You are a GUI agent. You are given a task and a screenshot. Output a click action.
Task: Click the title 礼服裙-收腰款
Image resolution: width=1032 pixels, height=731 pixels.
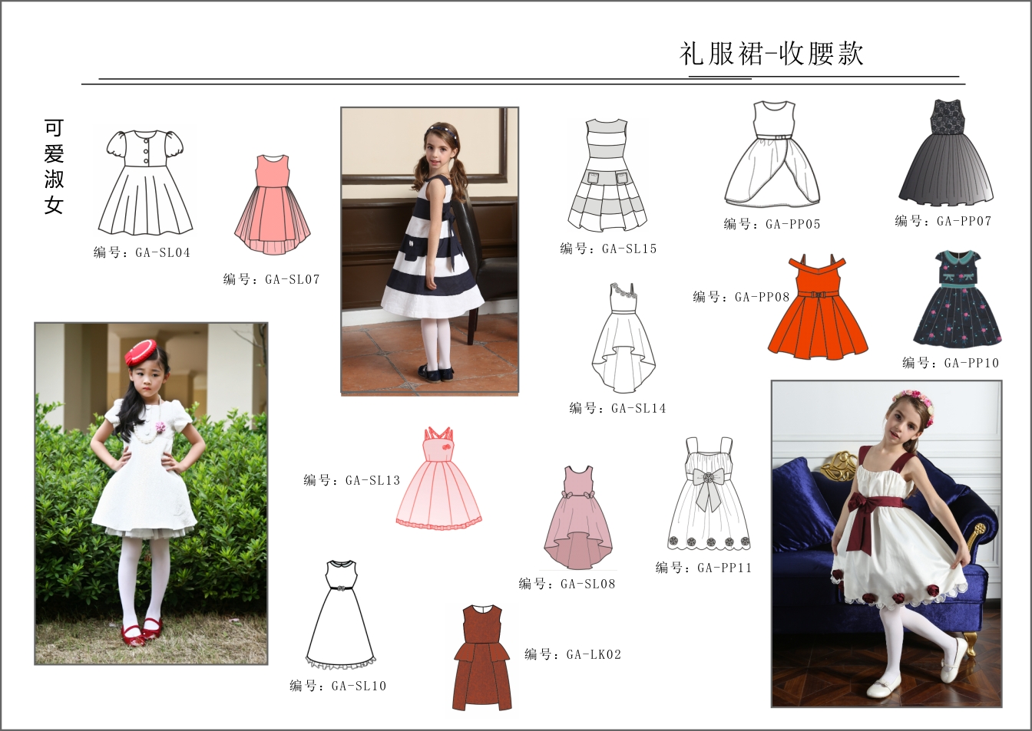click(x=771, y=54)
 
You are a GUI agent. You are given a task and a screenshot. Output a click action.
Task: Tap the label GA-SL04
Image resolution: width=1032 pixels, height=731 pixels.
click(x=163, y=252)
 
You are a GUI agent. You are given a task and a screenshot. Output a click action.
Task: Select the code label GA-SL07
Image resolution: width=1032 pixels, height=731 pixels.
click(x=292, y=279)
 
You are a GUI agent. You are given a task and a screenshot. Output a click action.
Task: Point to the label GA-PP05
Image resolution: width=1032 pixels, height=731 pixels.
click(x=793, y=224)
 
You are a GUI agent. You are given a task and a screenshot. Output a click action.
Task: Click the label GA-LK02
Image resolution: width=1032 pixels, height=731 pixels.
click(x=594, y=654)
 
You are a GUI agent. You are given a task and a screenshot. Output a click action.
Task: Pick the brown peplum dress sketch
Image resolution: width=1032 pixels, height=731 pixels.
click(x=482, y=658)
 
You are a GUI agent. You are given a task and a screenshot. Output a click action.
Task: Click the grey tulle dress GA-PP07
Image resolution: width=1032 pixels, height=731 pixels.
click(x=946, y=153)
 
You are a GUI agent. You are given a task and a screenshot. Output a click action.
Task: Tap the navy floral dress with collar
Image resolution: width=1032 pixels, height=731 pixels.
click(x=958, y=298)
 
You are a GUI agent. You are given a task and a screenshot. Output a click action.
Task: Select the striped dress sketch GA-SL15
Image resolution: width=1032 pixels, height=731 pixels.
click(x=607, y=176)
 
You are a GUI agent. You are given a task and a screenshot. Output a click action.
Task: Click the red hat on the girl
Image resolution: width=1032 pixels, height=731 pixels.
click(x=141, y=352)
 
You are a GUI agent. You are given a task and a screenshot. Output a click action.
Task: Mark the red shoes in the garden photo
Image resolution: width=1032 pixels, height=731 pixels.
click(x=142, y=631)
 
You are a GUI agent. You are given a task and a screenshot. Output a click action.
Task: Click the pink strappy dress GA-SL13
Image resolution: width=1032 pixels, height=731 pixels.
click(x=438, y=478)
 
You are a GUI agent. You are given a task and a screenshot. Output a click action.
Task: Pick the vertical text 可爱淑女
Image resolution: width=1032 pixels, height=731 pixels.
click(x=54, y=166)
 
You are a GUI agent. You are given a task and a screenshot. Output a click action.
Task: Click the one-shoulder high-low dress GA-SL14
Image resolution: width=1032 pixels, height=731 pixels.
click(x=623, y=338)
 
